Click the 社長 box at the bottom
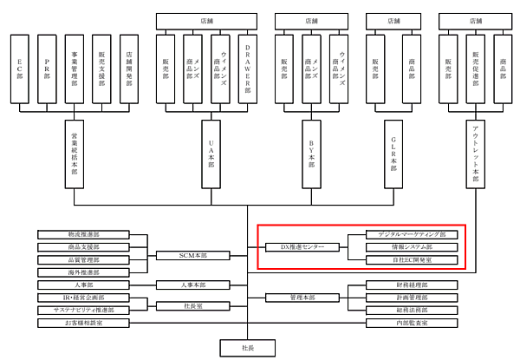[248, 347]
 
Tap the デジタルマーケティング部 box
[406, 235]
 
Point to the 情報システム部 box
[406, 247]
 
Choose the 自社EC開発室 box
[406, 259]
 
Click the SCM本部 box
[193, 255]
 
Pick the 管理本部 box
[301, 298]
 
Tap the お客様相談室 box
[83, 323]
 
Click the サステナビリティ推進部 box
[83, 310]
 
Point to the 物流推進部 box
[83, 235]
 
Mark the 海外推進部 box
[83, 272]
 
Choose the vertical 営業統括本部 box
[75, 154]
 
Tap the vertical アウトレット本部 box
[474, 154]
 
